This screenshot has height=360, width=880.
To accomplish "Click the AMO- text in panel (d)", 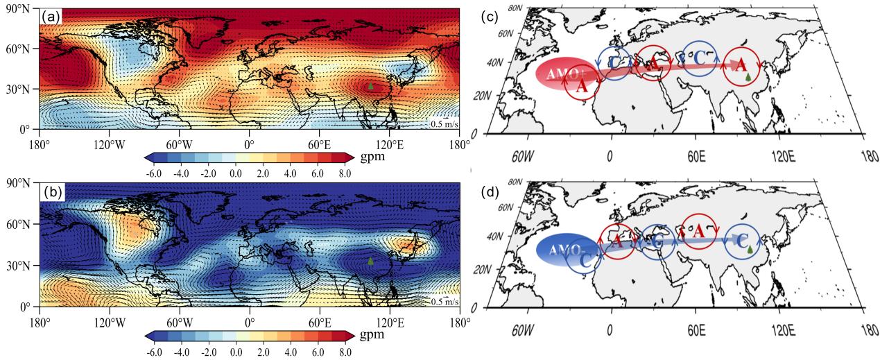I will click(x=561, y=247).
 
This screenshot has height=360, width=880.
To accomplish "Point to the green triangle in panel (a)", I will click(x=371, y=86).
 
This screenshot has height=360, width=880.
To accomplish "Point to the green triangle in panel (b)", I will click(x=371, y=262).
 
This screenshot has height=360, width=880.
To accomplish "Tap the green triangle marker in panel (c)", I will click(x=748, y=76).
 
